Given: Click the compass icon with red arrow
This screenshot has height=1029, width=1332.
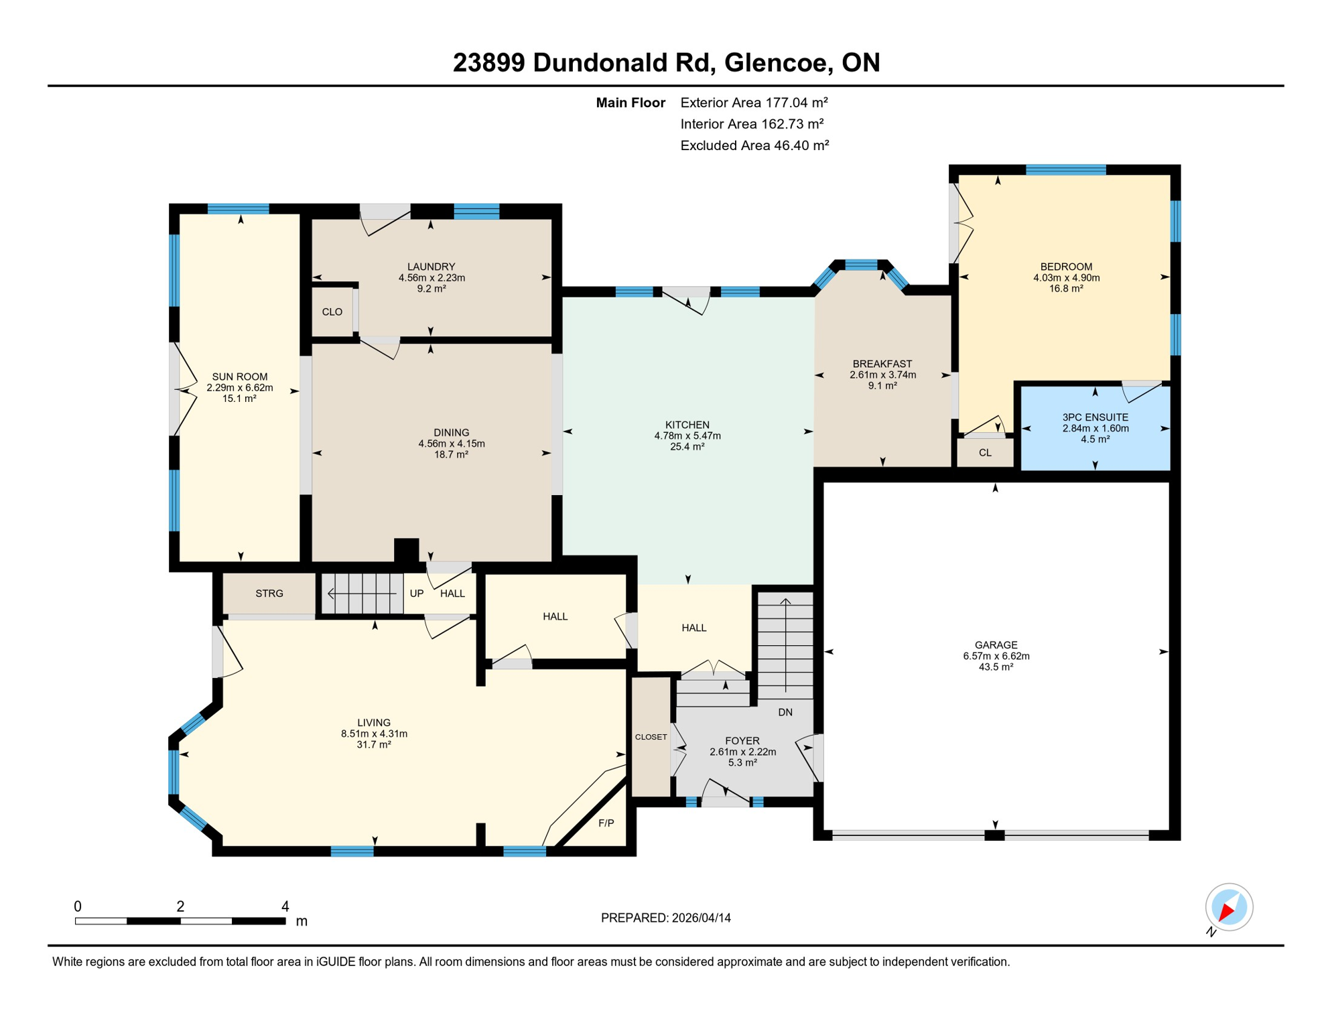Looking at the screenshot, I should pyautogui.click(x=1229, y=907).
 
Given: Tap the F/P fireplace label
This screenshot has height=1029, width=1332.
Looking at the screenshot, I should pyautogui.click(x=606, y=823).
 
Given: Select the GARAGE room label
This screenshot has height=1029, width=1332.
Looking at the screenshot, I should pyautogui.click(x=996, y=645).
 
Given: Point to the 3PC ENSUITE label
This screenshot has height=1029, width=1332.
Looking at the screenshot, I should pyautogui.click(x=1095, y=417).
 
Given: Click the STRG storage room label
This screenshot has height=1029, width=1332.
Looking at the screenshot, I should pyautogui.click(x=269, y=594).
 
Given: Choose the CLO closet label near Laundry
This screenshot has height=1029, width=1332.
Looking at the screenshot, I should pyautogui.click(x=332, y=312).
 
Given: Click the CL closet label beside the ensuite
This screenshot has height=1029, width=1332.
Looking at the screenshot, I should pyautogui.click(x=984, y=453).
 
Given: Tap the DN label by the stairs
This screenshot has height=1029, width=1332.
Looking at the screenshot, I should pyautogui.click(x=785, y=712).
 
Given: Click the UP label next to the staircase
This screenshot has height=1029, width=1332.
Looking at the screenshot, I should pyautogui.click(x=417, y=594).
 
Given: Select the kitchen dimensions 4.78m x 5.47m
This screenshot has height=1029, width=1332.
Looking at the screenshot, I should pyautogui.click(x=687, y=435).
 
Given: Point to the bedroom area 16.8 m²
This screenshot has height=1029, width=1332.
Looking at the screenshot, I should pyautogui.click(x=1066, y=289).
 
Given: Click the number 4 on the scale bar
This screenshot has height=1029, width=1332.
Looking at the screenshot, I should pyautogui.click(x=285, y=906).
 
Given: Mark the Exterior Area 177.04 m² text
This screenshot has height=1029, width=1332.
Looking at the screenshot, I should pyautogui.click(x=754, y=102).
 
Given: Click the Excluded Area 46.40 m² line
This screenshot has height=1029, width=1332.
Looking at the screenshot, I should pyautogui.click(x=754, y=145).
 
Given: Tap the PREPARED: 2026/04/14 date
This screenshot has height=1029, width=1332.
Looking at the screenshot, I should pyautogui.click(x=665, y=918).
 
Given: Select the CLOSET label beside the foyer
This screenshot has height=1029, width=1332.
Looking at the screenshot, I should pyautogui.click(x=651, y=737).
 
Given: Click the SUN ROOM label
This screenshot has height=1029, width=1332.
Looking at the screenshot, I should pyautogui.click(x=240, y=376).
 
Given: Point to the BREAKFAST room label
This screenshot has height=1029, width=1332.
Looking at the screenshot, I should pyautogui.click(x=882, y=364).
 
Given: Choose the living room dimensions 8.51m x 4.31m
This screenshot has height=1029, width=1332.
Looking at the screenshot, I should pyautogui.click(x=374, y=734).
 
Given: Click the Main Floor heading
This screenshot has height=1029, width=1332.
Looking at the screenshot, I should pyautogui.click(x=630, y=102).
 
